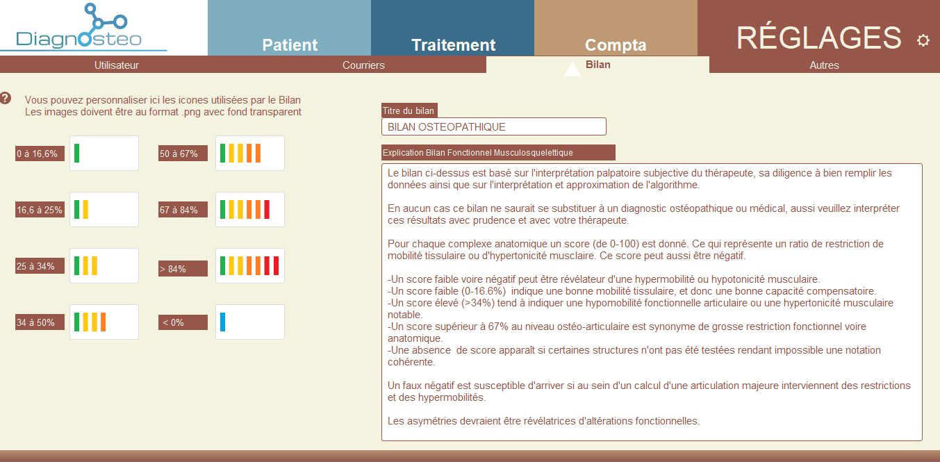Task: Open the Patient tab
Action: tap(289, 28)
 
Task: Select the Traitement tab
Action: tap(452, 28)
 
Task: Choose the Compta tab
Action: tap(616, 28)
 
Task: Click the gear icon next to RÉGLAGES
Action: tap(923, 40)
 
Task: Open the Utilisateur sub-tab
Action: tap(116, 65)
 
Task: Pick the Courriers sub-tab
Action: tap(363, 65)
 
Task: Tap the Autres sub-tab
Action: tap(824, 65)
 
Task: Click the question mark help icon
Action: tap(6, 98)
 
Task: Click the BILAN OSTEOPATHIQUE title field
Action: tap(493, 126)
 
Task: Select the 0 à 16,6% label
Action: tap(40, 154)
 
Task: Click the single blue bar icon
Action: tap(223, 322)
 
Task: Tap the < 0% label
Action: tap(183, 322)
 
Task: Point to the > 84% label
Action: tap(183, 269)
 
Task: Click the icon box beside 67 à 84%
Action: tap(250, 209)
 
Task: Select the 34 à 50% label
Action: tap(40, 322)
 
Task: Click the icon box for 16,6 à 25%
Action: tap(104, 209)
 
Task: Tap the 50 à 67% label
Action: tap(183, 154)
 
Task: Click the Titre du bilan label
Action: tap(409, 110)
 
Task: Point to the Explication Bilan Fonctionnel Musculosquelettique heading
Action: tap(499, 152)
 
